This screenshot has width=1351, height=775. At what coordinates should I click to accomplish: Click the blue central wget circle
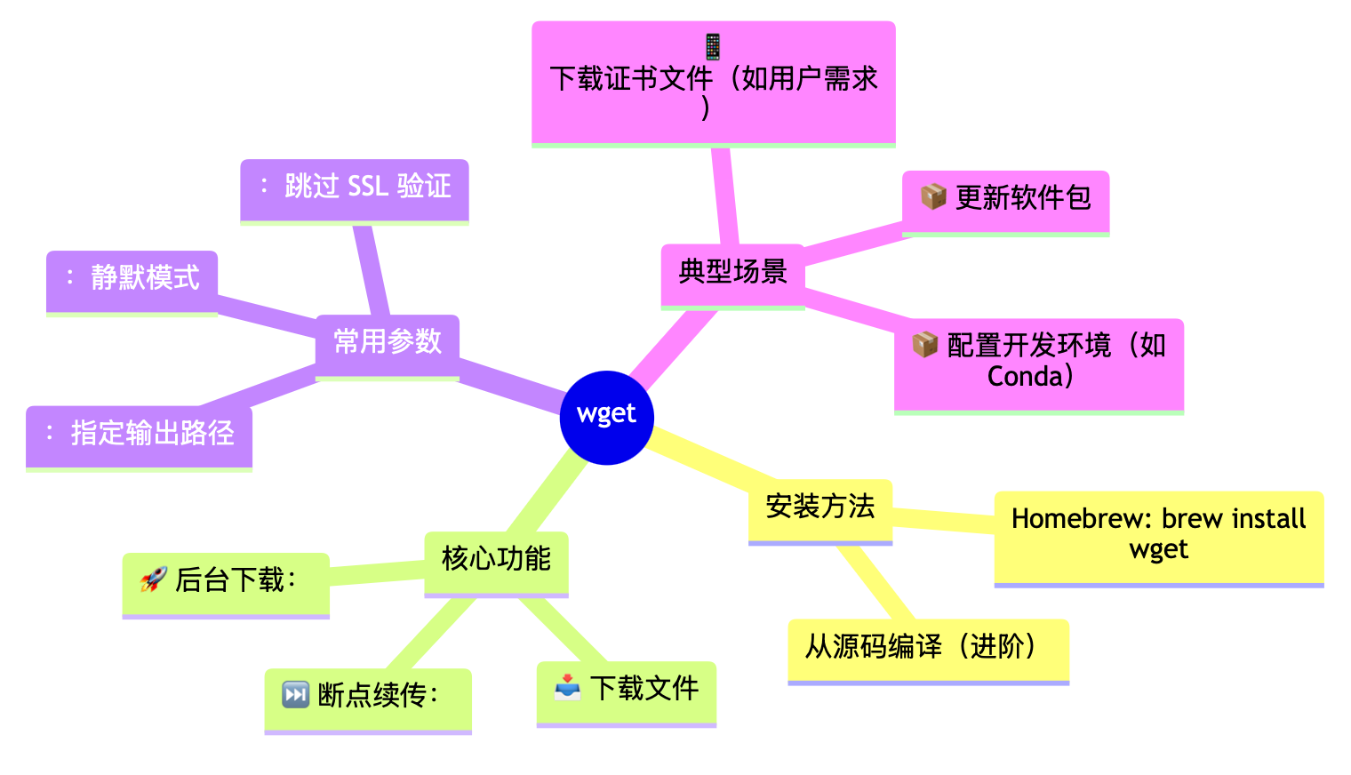point(607,417)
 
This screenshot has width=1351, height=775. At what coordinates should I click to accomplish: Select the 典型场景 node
point(732,272)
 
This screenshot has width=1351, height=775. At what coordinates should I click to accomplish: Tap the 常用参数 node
point(388,342)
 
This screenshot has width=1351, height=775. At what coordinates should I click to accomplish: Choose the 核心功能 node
point(496,559)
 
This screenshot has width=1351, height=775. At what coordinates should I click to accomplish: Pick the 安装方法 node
point(819,507)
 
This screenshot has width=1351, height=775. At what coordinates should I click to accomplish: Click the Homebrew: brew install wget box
point(1158,534)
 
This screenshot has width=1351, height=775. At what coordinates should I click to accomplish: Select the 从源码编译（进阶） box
point(928,647)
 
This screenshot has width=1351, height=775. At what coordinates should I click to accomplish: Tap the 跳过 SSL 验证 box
point(355,187)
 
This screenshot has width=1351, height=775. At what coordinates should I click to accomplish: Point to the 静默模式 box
point(132,278)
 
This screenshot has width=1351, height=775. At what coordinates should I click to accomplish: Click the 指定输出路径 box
point(139,434)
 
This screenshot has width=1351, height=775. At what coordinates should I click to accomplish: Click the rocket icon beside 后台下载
point(154,580)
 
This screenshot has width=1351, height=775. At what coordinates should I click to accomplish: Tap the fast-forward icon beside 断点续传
point(295,694)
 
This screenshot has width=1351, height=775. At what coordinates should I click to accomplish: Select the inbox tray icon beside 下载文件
point(567,687)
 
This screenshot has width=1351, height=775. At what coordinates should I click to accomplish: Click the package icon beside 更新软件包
point(932,196)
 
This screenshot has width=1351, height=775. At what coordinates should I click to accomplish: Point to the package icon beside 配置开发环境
point(924,344)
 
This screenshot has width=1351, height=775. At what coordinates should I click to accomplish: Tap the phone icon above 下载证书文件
point(713,46)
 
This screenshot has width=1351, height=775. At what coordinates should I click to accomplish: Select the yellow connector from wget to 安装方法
point(702,461)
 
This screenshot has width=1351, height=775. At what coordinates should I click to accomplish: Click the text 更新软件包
point(1023,198)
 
